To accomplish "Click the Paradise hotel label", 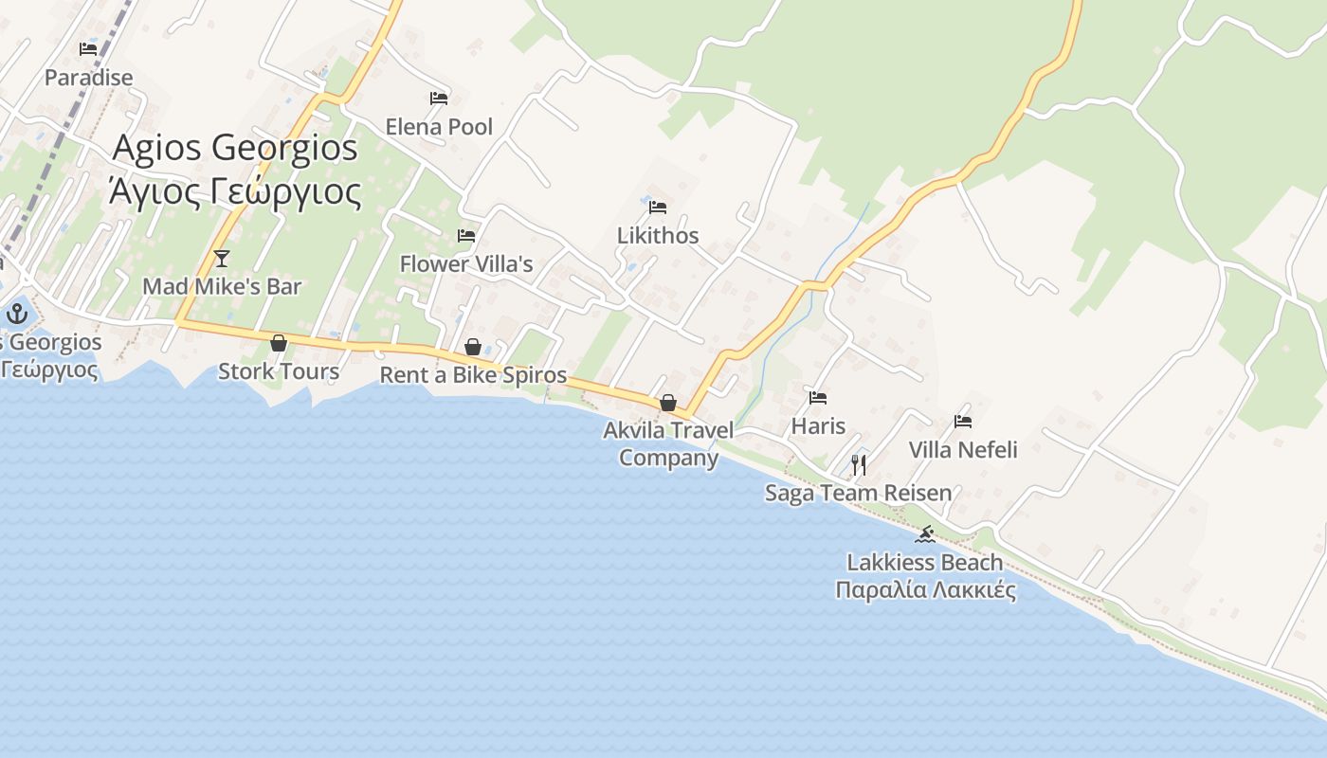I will (88, 77).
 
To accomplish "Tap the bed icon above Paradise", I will (88, 48).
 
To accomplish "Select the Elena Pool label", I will (439, 126).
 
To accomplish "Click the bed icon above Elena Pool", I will (438, 98).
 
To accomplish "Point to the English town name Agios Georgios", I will (235, 148).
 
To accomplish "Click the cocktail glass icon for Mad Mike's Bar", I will (222, 258).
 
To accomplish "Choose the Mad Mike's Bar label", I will (222, 286).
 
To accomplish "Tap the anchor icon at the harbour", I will (17, 314).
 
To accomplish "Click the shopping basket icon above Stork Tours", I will (279, 342).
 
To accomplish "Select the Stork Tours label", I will (279, 370).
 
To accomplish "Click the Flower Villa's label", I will (466, 263).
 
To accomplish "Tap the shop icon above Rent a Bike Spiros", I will (473, 347).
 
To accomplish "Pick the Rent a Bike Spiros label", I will (473, 375).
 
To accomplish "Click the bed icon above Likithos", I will (658, 207).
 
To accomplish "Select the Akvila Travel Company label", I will (668, 443).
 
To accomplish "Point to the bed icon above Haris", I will (818, 397).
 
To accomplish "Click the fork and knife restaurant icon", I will (859, 464).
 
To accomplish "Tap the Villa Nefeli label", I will (963, 449).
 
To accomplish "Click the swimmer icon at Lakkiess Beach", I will (925, 534).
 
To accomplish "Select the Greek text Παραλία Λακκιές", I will (925, 590).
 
